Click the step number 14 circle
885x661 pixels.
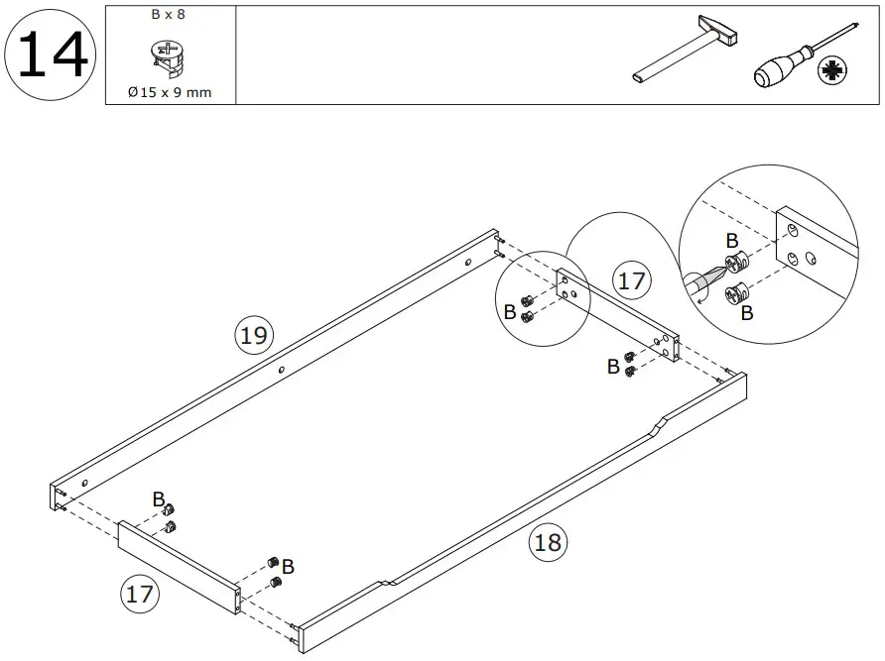click(52, 54)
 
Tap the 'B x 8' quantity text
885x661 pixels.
click(169, 16)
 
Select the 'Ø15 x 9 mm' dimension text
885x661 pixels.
click(169, 92)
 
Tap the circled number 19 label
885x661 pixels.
click(254, 335)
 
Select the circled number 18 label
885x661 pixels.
click(548, 542)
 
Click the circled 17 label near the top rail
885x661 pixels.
click(631, 280)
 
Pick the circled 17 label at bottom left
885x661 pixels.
click(139, 595)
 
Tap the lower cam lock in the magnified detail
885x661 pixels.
click(737, 292)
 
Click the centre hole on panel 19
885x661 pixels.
click(282, 371)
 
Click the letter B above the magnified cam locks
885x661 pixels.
click(731, 241)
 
